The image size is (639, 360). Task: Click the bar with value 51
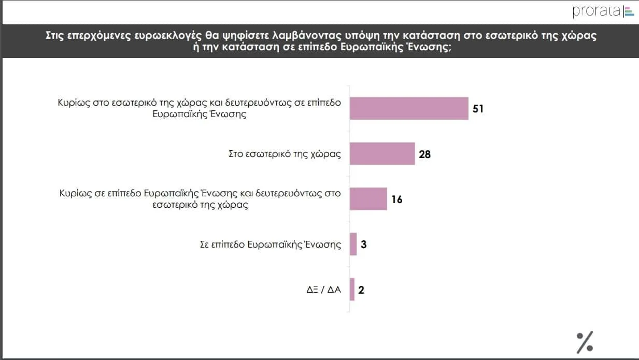(x=409, y=108)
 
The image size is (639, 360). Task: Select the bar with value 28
(x=382, y=154)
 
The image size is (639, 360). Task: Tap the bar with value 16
(x=368, y=199)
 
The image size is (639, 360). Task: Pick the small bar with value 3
(x=353, y=244)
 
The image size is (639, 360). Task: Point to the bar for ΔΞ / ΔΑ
(x=352, y=289)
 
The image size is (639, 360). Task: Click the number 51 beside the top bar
(x=478, y=109)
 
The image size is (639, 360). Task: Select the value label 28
(x=425, y=154)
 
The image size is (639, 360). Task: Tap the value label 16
(x=397, y=199)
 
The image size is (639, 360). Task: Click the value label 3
(x=364, y=244)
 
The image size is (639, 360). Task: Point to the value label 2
(x=361, y=290)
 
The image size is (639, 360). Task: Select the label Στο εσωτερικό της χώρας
(x=285, y=154)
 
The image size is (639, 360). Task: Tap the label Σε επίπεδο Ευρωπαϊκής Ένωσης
(x=271, y=244)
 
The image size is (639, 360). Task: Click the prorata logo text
(x=596, y=11)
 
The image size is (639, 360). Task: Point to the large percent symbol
(x=585, y=341)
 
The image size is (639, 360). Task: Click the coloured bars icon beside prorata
(x=629, y=11)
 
